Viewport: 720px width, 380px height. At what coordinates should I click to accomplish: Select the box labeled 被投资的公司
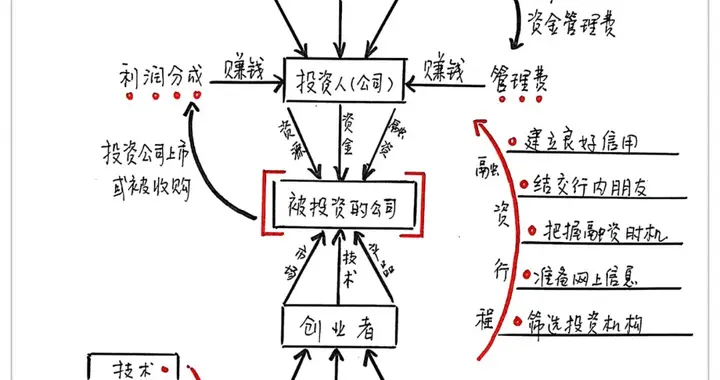click(x=343, y=208)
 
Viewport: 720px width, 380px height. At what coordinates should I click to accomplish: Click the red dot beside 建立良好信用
click(x=510, y=143)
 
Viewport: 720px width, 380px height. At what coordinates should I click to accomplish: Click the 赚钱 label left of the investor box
click(x=244, y=70)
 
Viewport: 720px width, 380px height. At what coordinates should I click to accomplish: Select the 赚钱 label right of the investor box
click(x=445, y=70)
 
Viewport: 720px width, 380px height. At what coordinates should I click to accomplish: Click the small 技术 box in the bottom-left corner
click(x=133, y=368)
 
